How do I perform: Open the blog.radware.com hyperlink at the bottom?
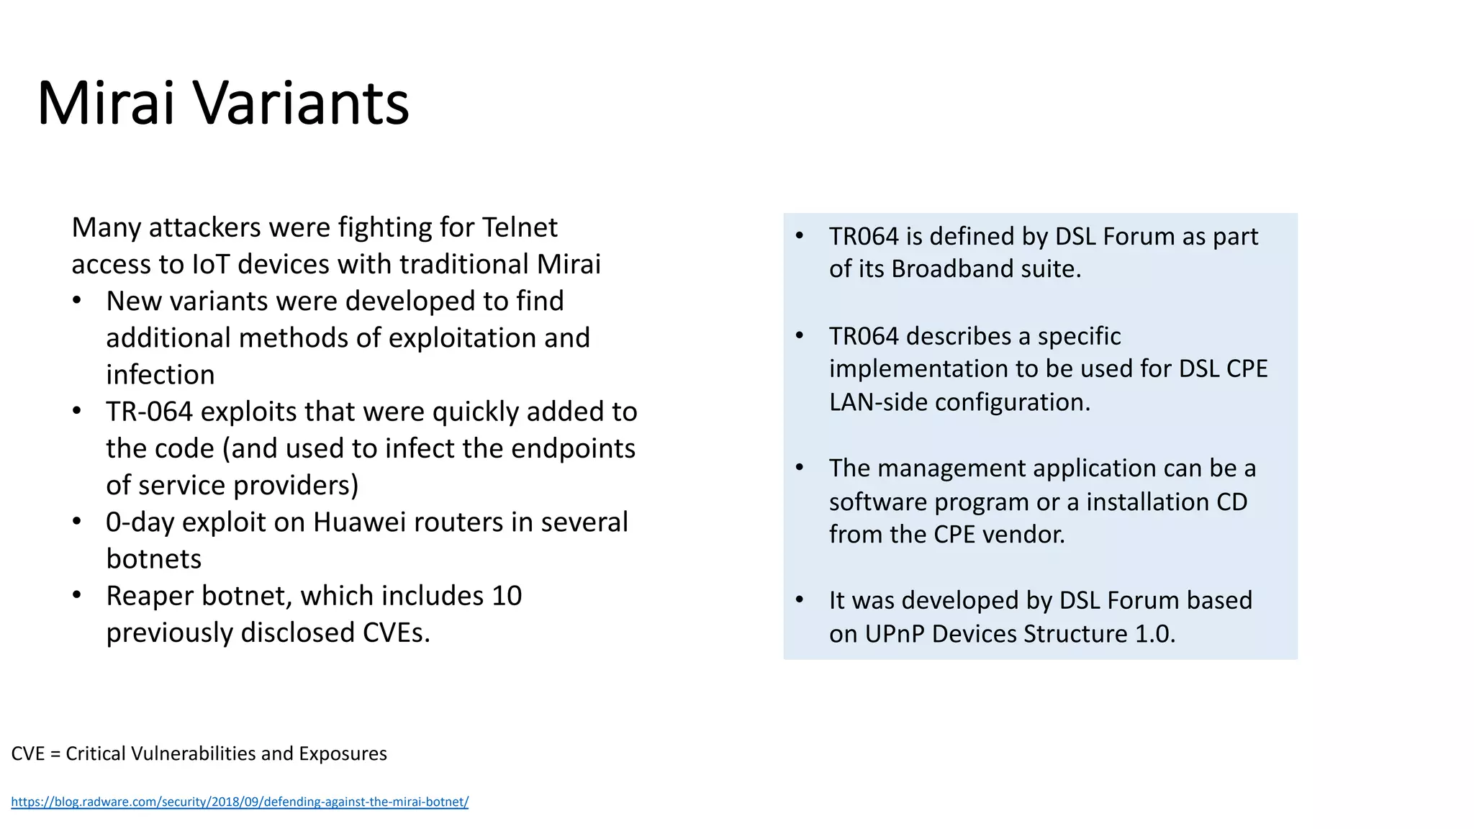coord(240,802)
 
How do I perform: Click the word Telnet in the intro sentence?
coord(520,227)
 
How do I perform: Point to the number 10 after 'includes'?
coord(507,596)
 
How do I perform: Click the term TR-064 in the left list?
coord(149,412)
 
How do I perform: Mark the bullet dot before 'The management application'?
coord(800,468)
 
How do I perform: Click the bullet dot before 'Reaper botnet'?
coord(77,595)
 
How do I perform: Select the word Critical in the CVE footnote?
coord(94,753)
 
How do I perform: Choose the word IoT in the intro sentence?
coord(211,264)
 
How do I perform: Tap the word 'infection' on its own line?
coord(160,375)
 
